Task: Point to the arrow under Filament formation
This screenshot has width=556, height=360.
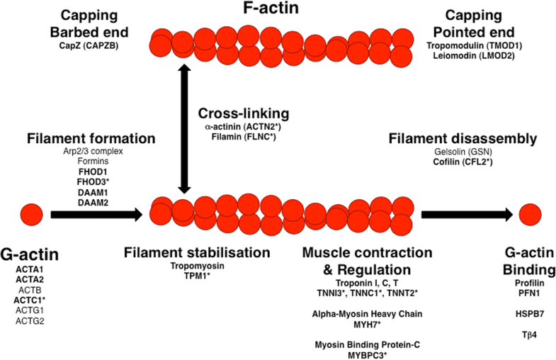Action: (x=99, y=213)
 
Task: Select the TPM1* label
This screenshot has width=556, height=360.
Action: (x=196, y=275)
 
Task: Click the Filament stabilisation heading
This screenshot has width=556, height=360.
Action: (x=197, y=252)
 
